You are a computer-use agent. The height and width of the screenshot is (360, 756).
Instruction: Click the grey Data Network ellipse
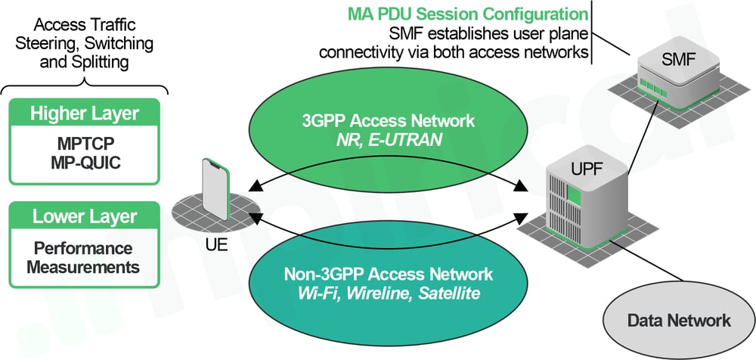pos(679,320)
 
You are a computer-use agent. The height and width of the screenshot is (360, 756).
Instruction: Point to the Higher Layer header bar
pos(85,114)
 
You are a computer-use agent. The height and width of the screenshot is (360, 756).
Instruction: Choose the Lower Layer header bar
pos(85,217)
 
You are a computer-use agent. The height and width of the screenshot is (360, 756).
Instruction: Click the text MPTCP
pos(85,143)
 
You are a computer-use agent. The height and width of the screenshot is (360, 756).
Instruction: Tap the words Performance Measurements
pos(85,257)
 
